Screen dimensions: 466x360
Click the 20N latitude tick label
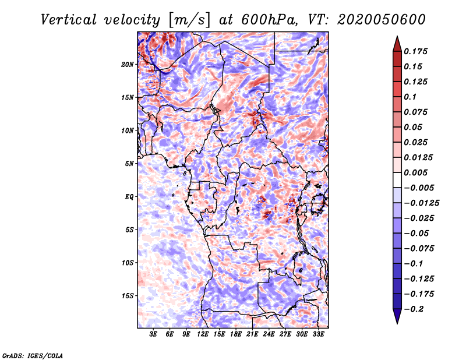128,65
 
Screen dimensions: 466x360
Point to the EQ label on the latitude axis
129,197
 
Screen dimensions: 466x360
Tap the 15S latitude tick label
128,296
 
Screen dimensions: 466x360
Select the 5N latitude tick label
129,164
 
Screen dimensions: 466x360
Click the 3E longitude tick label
153,334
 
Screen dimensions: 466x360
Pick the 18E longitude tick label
236,334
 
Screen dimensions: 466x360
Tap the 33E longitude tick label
318,334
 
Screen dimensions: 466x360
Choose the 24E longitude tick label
269,334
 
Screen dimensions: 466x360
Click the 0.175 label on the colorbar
415,51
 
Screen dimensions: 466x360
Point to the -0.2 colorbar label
414,309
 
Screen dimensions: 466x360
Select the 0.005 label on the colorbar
415,172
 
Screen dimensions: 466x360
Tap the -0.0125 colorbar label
421,203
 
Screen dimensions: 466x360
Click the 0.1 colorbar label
410,97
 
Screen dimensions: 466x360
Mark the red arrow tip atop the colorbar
397,36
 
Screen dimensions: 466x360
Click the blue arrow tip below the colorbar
397,323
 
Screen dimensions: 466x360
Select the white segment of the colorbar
397,180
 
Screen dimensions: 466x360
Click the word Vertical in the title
69,20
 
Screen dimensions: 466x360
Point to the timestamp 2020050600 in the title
382,20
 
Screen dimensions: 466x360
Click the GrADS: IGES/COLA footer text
33,355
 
